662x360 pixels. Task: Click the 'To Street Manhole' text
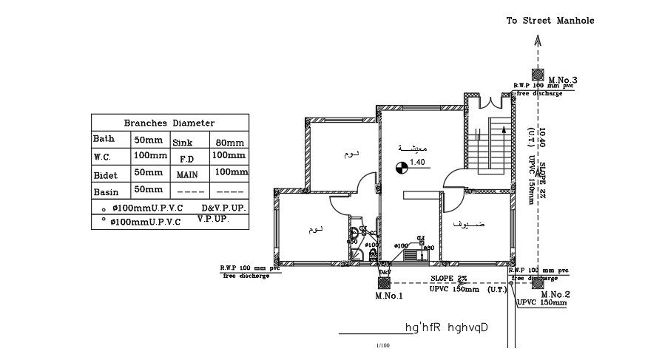550,21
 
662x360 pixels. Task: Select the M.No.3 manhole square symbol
537,76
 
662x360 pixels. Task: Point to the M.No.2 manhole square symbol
537,282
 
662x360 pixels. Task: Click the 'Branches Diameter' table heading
169,123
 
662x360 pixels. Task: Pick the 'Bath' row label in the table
104,139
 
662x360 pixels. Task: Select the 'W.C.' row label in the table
102,156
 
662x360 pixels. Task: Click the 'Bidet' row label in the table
107,174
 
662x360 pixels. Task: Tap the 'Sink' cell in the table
182,142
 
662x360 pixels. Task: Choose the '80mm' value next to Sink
229,142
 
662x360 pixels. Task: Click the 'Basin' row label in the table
106,191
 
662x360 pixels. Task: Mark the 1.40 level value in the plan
417,163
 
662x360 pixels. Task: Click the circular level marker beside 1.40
402,169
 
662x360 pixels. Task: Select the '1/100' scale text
382,344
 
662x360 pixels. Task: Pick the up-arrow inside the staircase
504,132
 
